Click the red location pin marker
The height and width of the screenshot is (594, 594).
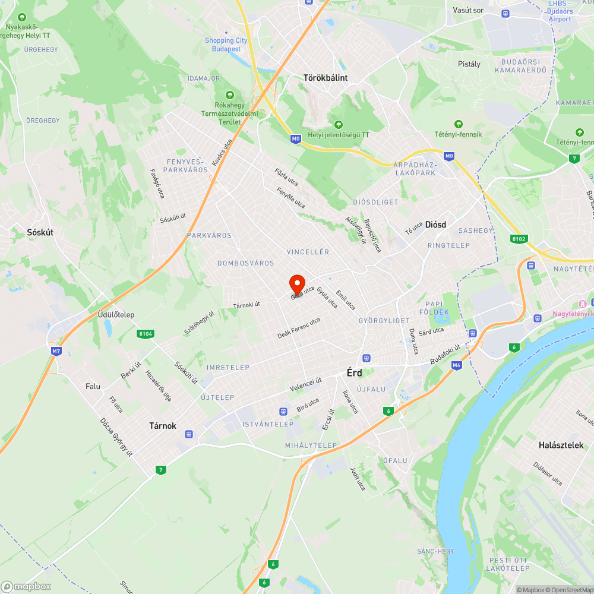click(297, 284)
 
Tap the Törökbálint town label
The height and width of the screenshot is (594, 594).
click(325, 78)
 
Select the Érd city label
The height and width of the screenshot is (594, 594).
click(355, 373)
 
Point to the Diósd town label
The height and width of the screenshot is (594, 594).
click(435, 224)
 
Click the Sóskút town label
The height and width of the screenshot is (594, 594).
click(40, 232)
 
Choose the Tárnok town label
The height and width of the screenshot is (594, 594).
click(162, 425)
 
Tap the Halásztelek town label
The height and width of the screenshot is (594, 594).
click(561, 445)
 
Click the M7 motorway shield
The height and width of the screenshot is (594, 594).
click(56, 351)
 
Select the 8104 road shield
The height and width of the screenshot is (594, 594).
click(145, 334)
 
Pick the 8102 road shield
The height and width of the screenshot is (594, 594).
click(519, 239)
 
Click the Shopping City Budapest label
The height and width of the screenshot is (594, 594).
click(226, 45)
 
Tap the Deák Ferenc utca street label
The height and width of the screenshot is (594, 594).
click(299, 328)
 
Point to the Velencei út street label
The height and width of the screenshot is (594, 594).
click(305, 384)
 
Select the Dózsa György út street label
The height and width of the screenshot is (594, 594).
click(116, 438)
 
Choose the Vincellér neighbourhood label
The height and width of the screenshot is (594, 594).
click(308, 252)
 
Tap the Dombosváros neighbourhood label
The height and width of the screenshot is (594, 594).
click(245, 263)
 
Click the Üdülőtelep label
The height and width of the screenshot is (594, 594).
click(116, 314)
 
